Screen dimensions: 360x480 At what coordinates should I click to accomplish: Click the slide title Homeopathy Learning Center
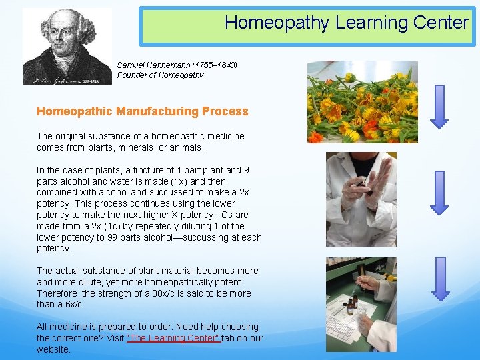[x=346, y=23]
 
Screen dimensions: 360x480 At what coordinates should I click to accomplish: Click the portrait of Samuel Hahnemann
[x=67, y=47]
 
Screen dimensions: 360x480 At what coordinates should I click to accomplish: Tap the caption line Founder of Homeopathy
[x=160, y=75]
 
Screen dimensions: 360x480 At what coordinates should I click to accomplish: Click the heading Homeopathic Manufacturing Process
[x=142, y=111]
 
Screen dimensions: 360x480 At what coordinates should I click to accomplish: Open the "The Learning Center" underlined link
[x=174, y=338]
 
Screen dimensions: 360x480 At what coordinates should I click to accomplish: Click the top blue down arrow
[x=440, y=106]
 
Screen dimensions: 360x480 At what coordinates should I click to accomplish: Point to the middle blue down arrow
[x=440, y=192]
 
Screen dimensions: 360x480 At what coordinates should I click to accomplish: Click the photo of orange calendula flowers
[x=362, y=102]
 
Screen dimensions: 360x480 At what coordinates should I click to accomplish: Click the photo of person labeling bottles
[x=361, y=304]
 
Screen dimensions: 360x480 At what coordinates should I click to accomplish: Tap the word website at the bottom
[x=53, y=349]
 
